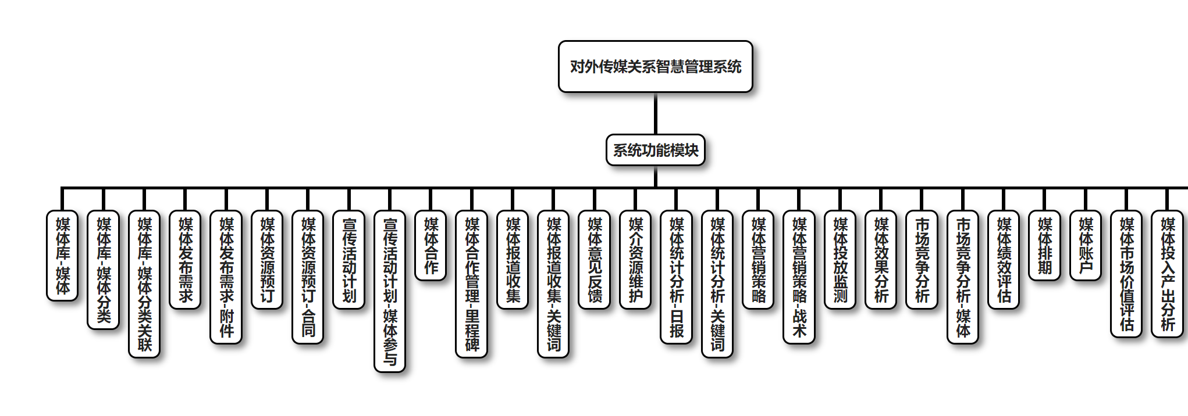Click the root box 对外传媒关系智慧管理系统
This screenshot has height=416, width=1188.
coord(655,67)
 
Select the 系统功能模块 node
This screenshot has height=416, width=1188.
coord(655,150)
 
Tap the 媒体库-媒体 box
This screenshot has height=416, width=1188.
coord(62,256)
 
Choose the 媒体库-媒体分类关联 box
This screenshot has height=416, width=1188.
coord(144,284)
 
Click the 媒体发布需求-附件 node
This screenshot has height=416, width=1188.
coord(226,277)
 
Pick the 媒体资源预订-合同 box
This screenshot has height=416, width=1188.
coord(308,277)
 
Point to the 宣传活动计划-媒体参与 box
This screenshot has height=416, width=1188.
coord(390,291)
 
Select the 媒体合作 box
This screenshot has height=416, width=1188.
coord(431,246)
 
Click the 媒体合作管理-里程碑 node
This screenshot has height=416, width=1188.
coord(472,284)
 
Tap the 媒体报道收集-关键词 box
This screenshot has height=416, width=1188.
coord(553,284)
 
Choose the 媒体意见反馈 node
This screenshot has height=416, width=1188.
coord(595,260)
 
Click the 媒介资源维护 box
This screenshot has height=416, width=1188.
coord(635,260)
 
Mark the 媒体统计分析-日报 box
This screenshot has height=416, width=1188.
coord(677,277)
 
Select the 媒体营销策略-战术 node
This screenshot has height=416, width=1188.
coord(799,277)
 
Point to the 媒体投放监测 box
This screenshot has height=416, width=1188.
coord(840,260)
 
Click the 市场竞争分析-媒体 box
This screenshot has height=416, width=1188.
coord(963,277)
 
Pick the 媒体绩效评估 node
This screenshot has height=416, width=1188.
coord(1004,260)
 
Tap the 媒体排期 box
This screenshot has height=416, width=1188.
coord(1045,246)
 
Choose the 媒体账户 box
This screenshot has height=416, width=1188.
coord(1086,246)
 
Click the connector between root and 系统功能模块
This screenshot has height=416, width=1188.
coord(655,114)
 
